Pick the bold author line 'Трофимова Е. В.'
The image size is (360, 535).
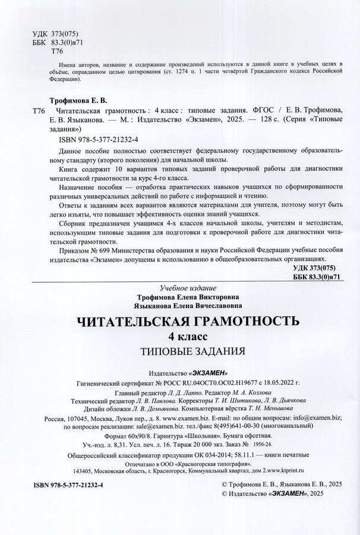click(74, 102)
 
